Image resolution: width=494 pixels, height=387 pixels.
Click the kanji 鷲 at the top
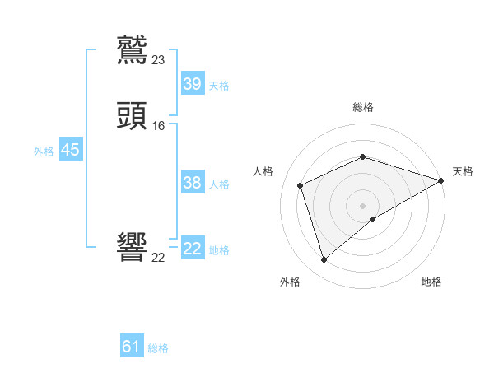[133, 49]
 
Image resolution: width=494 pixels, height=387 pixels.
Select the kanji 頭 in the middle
[133, 115]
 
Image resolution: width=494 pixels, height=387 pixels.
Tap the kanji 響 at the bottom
[133, 247]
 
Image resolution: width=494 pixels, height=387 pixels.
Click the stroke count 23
[159, 60]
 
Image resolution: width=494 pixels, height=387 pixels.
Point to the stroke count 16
[159, 126]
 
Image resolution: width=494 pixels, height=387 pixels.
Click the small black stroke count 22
[159, 258]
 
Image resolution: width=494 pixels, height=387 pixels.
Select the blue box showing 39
[193, 84]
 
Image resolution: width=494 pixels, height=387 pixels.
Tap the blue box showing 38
[193, 183]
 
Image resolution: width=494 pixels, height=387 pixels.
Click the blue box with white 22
[193, 249]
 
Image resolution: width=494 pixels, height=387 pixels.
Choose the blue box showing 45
[70, 150]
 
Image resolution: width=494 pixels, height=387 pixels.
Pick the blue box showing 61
[132, 347]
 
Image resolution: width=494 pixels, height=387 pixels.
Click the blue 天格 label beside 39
[219, 86]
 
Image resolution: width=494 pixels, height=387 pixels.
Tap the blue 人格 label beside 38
[219, 184]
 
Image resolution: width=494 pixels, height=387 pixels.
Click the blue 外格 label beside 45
[44, 152]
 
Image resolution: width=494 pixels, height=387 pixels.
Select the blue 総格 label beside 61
[158, 348]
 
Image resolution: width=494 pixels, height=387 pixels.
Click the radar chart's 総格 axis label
[363, 107]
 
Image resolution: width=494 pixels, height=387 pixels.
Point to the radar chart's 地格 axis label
[431, 282]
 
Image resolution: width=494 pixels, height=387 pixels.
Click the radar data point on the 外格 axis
[324, 260]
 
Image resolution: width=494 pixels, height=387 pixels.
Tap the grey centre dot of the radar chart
[363, 205]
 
